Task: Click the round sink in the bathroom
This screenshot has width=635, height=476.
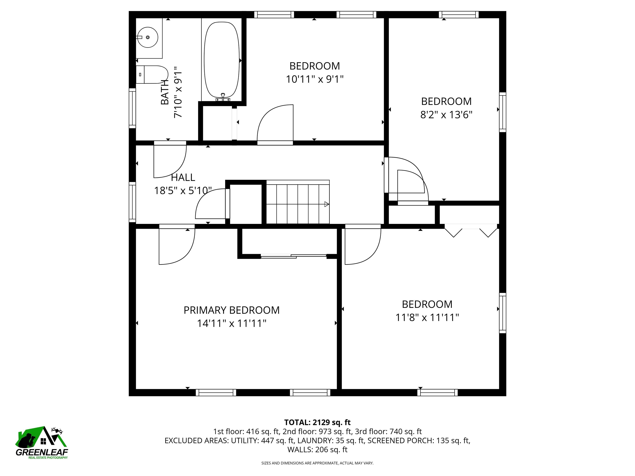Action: [x=147, y=38]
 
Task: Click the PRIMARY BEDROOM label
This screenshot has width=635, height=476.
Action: [x=231, y=310]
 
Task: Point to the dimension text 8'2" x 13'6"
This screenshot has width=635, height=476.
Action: [x=446, y=115]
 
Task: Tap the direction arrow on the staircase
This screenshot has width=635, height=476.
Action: [x=326, y=204]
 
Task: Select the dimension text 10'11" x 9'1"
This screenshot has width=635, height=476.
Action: [x=315, y=79]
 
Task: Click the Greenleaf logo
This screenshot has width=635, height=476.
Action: [x=42, y=443]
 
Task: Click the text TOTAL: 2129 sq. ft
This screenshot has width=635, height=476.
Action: [x=317, y=422]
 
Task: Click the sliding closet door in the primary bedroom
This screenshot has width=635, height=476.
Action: [x=293, y=256]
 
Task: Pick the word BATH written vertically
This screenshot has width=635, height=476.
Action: [x=165, y=92]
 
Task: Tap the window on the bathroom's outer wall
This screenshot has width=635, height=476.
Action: [x=132, y=108]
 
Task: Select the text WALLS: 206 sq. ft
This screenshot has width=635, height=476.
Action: [x=317, y=450]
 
